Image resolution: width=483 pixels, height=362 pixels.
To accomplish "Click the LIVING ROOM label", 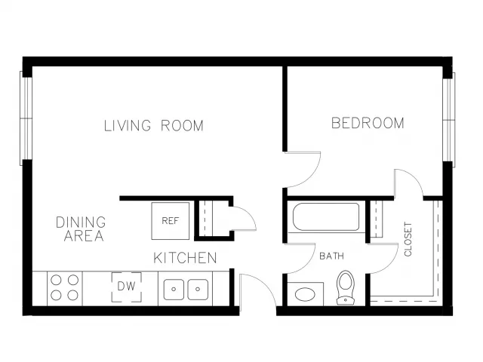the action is (x=154, y=126).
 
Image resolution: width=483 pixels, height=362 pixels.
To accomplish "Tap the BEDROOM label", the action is (x=368, y=123).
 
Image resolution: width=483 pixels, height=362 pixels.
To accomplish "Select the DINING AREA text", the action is (x=82, y=229).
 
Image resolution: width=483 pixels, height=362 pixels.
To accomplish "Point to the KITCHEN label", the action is (x=185, y=258).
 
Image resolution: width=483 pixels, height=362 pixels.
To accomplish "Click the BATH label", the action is (x=332, y=256).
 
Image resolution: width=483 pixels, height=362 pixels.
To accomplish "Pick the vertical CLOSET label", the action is (x=408, y=239).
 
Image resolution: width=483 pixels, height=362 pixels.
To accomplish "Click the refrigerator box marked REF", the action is (x=171, y=221).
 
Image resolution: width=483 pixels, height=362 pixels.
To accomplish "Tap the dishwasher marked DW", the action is (x=127, y=287).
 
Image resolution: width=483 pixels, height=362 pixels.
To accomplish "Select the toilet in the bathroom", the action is (x=346, y=287).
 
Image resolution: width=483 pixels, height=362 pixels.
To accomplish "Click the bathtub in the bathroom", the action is (x=326, y=216).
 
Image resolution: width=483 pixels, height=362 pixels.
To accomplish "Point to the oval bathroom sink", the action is (x=305, y=294).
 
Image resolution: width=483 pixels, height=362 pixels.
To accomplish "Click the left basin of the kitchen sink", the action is (x=174, y=290).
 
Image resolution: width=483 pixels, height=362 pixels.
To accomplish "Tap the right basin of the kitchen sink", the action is (x=198, y=290).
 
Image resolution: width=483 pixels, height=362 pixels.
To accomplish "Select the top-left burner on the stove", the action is (x=56, y=280).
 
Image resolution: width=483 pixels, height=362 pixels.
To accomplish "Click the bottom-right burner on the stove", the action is (x=72, y=296).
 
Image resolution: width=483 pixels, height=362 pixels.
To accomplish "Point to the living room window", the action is (x=26, y=118).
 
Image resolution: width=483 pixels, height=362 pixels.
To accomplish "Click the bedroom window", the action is (x=449, y=120).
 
